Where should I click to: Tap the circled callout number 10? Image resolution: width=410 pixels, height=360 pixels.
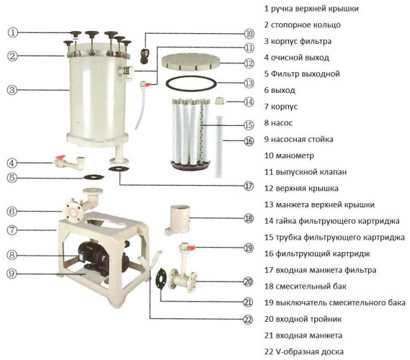[x=249, y=33]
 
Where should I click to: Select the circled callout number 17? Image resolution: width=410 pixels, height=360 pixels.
[x=249, y=185]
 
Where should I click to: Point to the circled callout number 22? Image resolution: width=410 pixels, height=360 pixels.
[x=249, y=319]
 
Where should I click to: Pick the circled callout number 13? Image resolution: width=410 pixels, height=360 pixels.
[x=249, y=83]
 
